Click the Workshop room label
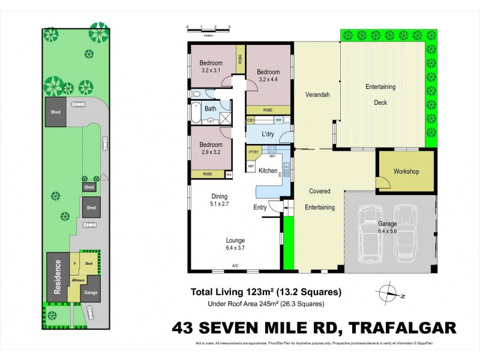coord(406,172)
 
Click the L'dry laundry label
coord(268,134)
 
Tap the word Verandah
coord(318,95)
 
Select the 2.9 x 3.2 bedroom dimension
coord(211,152)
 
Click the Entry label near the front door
coord(260,208)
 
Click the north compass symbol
coord(388,293)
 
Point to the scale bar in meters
coord(209,28)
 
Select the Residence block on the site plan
coord(57,277)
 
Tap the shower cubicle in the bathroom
coord(225,118)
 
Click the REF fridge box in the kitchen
coord(251,165)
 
